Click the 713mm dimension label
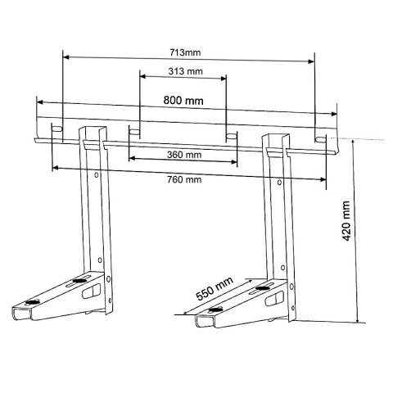coord(187,51)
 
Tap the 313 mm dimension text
coord(183,71)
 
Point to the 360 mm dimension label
coord(183,154)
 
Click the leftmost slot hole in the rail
coord(56,130)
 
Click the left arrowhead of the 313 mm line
coord(142,79)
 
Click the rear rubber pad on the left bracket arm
coord(78,281)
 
